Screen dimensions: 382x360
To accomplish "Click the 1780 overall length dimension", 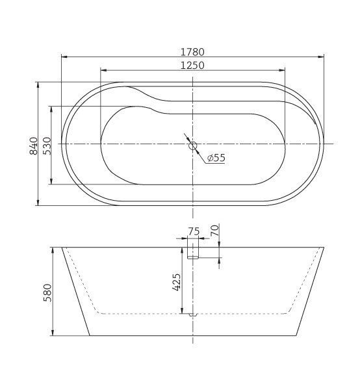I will point(194,50).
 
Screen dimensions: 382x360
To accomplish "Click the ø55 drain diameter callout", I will point(216,158).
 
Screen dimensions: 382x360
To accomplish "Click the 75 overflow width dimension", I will point(193,232).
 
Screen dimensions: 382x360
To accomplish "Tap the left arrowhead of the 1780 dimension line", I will point(62,57).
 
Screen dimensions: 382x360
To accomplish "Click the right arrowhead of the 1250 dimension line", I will point(284,70).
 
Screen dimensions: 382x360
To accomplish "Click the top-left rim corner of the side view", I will point(62,247).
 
